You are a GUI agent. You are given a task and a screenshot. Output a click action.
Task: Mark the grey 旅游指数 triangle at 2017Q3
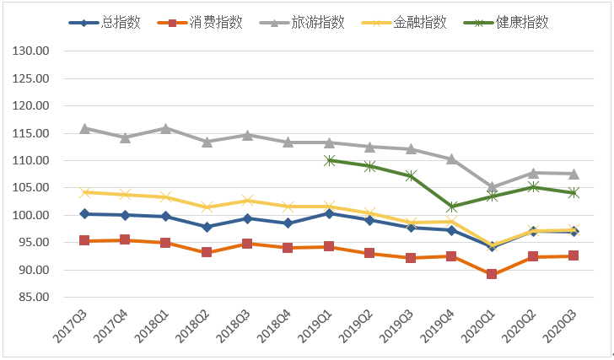[x=84, y=128]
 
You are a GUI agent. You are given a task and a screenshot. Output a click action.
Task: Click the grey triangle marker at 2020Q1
[x=492, y=187]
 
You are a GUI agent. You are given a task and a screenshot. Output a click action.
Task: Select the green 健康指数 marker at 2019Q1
[x=329, y=160]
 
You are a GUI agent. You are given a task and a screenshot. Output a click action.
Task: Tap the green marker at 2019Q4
[x=451, y=207]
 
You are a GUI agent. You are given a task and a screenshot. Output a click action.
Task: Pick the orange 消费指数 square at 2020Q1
[x=492, y=274]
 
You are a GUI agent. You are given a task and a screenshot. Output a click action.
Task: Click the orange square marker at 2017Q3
[x=84, y=240]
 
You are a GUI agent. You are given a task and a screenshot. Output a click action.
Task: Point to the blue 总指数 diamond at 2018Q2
[x=207, y=227]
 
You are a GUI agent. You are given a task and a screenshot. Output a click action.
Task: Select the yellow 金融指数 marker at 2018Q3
[x=247, y=200]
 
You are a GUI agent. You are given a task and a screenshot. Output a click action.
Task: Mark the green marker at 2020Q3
[x=574, y=192]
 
